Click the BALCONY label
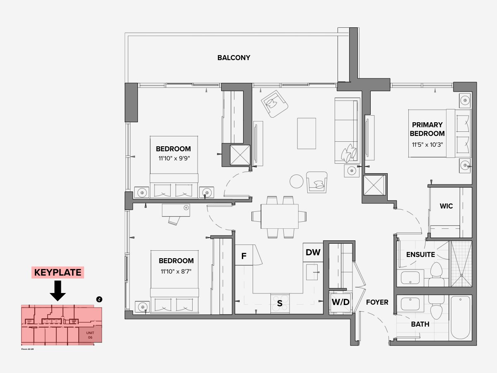coord(234,58)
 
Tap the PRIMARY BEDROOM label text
coord(427,129)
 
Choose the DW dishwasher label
coord(313,252)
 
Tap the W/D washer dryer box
coord(340,302)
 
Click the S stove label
coord(280,304)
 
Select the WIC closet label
coord(446,206)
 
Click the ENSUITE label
coord(420,254)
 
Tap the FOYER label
coord(377,302)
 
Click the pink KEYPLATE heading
coord(58,273)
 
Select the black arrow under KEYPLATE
coord(58,290)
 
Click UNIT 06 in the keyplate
coord(90,335)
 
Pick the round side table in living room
coord(297,181)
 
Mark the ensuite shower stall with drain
coord(461,264)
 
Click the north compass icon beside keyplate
coord(99,299)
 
